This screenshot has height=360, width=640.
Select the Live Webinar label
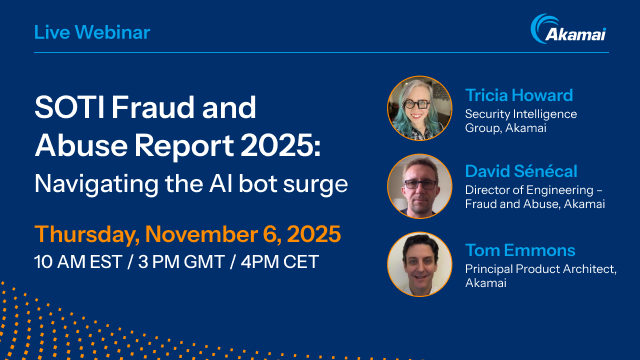point(92,32)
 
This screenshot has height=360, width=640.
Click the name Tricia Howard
point(519,96)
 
